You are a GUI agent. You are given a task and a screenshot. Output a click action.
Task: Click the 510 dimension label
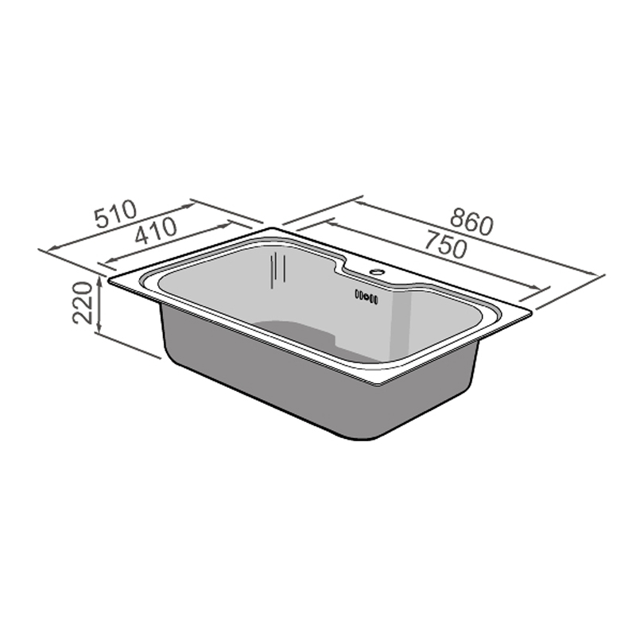coord(116,215)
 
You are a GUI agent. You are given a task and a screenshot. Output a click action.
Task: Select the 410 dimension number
coord(155,233)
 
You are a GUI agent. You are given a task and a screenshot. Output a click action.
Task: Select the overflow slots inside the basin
coord(366,297)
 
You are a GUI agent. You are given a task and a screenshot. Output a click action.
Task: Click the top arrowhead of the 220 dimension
coord(99,278)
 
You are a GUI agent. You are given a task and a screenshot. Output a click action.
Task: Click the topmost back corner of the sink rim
coord(274,228)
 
